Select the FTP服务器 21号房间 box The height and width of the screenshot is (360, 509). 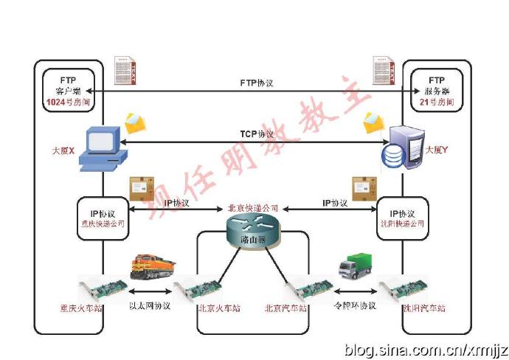[x=437, y=89]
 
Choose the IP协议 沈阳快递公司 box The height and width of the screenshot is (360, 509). [x=403, y=217]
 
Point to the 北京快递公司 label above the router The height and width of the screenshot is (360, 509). [x=253, y=208]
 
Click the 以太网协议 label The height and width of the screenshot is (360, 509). [x=150, y=305]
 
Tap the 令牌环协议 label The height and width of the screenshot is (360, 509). [x=356, y=305]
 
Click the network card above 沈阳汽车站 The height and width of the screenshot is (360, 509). [x=400, y=288]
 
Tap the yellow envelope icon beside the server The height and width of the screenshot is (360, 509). [x=375, y=122]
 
